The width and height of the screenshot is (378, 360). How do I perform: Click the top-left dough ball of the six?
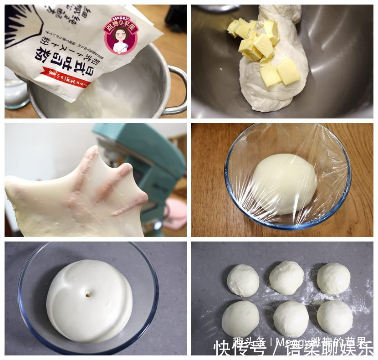point(243,280)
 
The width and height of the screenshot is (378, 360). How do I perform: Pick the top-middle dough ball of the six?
point(286,278)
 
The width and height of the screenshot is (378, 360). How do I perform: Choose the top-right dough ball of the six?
point(333,278)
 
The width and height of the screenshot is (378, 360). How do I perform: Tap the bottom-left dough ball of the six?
point(240,319)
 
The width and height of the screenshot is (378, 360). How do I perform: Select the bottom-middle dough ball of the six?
point(291,319)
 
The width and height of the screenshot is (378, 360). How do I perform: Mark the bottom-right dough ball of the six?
point(335,317)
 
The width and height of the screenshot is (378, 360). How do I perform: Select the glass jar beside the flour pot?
point(16,91)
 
